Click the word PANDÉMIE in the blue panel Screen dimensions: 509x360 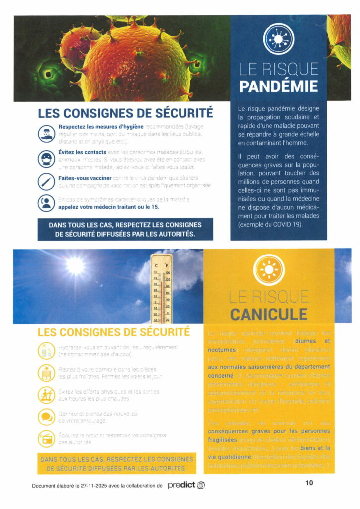coord(278,86)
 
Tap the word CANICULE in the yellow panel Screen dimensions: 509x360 coord(269,314)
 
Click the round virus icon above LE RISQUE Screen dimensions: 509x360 coord(278,38)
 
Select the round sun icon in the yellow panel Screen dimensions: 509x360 coord(269,269)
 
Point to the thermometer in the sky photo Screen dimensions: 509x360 coord(162,288)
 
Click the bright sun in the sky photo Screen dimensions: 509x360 coord(75,266)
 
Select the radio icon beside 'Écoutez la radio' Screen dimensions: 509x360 coord(46,438)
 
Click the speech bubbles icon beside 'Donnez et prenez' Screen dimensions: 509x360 coord(46,416)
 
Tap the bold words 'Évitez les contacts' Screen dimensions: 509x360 coord(83,151)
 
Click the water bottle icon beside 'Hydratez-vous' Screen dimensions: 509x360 coord(46,350)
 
